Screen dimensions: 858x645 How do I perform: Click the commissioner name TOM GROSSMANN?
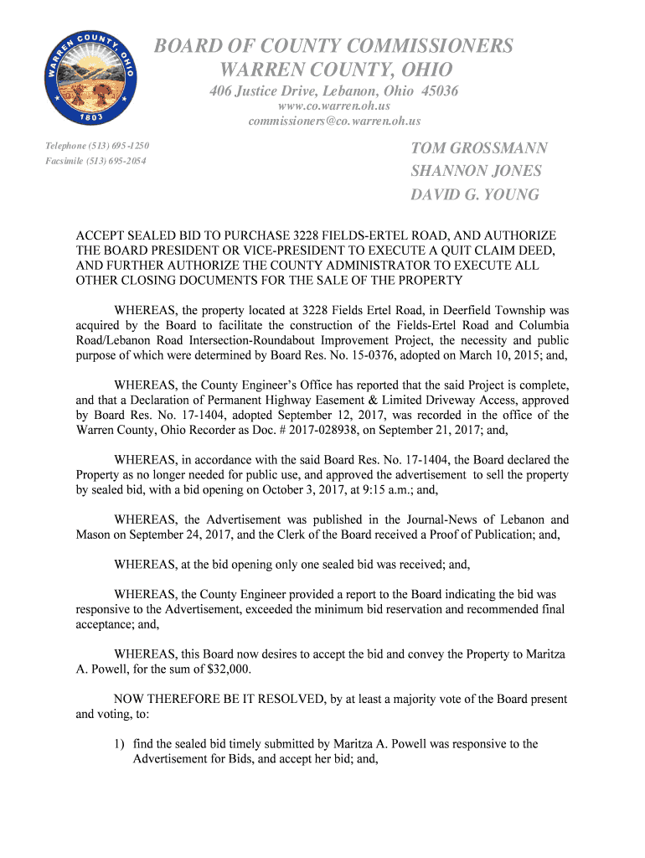479,148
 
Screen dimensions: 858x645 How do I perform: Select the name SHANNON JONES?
476,172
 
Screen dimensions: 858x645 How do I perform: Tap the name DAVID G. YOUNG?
474,195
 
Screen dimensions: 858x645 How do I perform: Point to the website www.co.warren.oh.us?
334,106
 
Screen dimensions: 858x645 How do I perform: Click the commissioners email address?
334,121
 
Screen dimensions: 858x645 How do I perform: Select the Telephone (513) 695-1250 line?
97,147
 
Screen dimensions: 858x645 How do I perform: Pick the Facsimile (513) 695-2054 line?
95,160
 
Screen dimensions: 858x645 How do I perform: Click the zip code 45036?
440,90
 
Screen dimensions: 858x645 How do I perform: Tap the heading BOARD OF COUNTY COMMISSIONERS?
333,46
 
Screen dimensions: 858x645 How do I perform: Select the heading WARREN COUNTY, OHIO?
334,69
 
